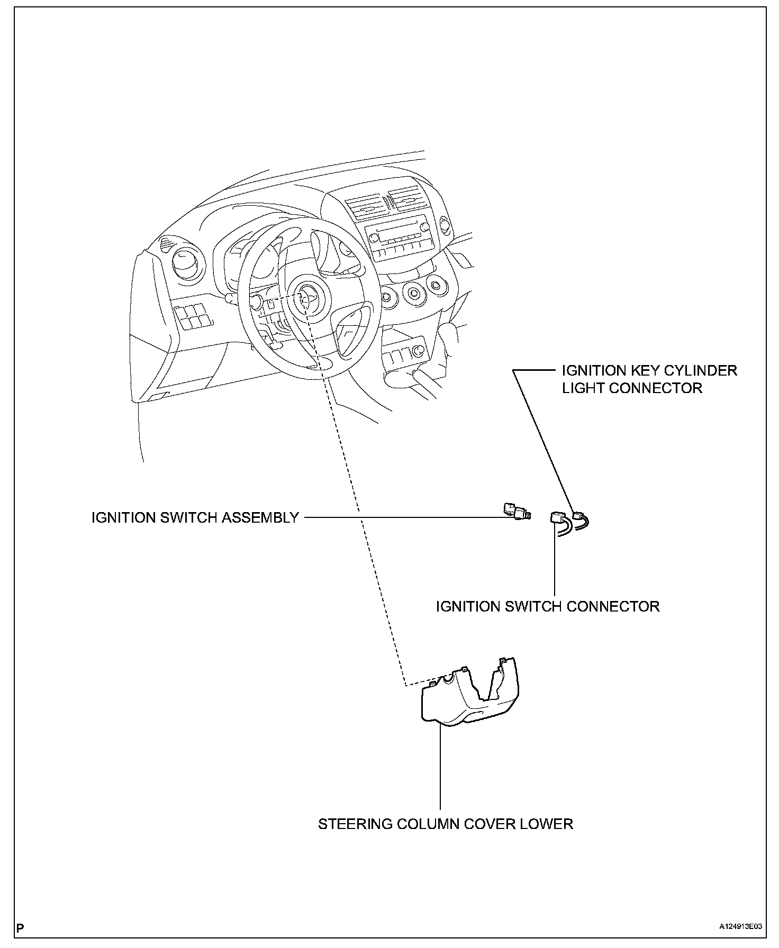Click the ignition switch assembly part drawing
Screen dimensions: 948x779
[x=517, y=511]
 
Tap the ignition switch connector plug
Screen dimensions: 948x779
[x=558, y=517]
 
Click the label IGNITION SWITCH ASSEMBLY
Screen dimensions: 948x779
[x=195, y=517]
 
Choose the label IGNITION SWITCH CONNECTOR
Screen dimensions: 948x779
[x=548, y=606]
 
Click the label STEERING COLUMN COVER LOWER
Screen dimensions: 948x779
[x=446, y=824]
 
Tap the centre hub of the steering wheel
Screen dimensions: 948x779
[x=306, y=299]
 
